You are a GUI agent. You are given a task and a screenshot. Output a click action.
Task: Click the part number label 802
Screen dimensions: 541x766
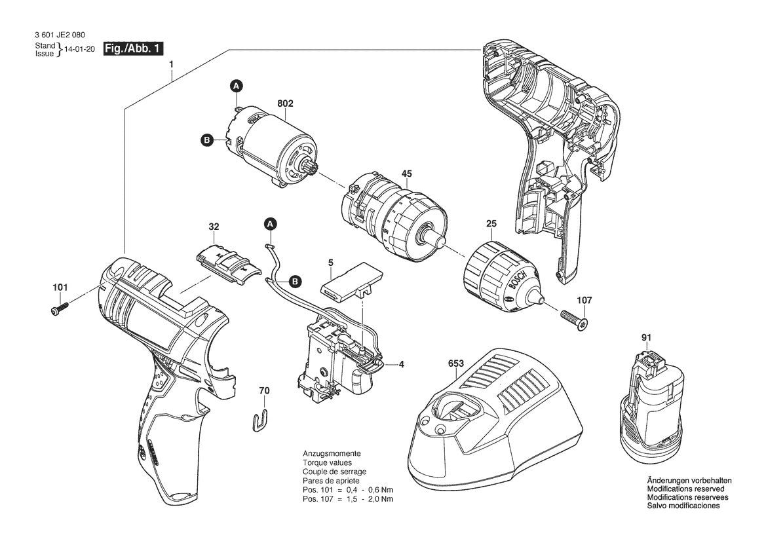tap(285, 103)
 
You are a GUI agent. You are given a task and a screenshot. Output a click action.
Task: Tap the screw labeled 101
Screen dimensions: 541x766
tap(60, 307)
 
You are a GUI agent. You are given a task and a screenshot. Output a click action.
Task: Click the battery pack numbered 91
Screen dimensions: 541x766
tap(651, 404)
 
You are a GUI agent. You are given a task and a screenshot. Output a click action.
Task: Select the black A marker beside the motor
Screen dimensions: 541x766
tap(237, 86)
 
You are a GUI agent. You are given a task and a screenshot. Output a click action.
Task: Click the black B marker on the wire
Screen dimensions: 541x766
tap(295, 282)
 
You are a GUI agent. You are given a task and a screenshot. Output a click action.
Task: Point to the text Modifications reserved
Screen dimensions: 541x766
tap(685, 489)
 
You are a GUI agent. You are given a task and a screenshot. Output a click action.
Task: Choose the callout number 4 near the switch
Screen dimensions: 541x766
tap(401, 364)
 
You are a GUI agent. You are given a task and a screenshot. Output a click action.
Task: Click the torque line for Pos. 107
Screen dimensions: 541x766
tap(347, 499)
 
